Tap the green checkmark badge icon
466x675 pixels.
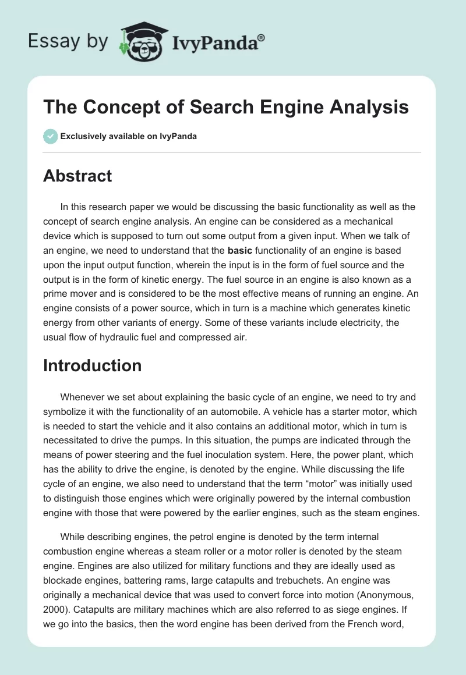click(50, 137)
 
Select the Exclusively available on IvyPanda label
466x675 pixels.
click(129, 137)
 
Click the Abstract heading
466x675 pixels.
click(77, 176)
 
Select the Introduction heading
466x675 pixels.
click(92, 365)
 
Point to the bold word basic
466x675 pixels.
click(240, 251)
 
